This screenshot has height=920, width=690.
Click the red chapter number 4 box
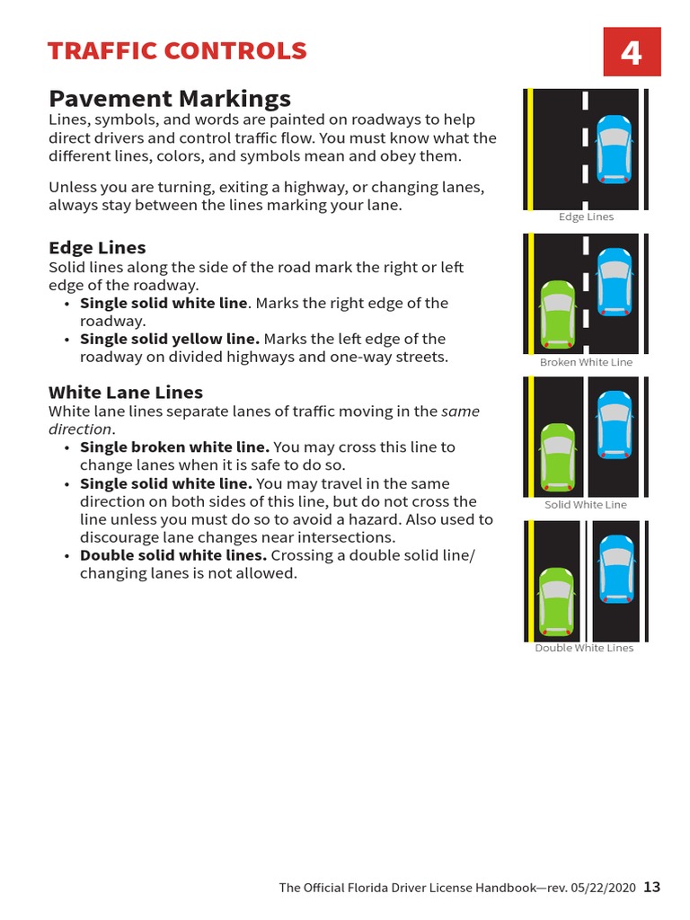pyautogui.click(x=632, y=52)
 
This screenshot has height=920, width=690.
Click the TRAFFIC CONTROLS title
pyautogui.click(x=177, y=51)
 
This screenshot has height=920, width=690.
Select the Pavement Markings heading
pyautogui.click(x=169, y=98)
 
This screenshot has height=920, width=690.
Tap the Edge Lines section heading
pyautogui.click(x=97, y=247)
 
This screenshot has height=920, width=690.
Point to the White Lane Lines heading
pyautogui.click(x=126, y=392)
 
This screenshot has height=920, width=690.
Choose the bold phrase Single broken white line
pyautogui.click(x=174, y=447)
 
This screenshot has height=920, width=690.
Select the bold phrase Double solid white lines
pyautogui.click(x=173, y=555)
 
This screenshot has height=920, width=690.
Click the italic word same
pyautogui.click(x=460, y=411)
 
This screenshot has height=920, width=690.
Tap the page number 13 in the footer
pyautogui.click(x=651, y=887)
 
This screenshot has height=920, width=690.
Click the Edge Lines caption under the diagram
pyautogui.click(x=586, y=217)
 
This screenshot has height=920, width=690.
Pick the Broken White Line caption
pyautogui.click(x=586, y=362)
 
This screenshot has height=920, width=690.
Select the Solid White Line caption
pyautogui.click(x=586, y=504)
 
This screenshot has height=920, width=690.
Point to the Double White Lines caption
pyautogui.click(x=584, y=648)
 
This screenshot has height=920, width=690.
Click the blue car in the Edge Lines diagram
pyautogui.click(x=615, y=149)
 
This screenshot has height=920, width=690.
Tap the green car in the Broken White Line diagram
pyautogui.click(x=557, y=314)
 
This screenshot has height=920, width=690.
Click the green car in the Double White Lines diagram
pyautogui.click(x=557, y=602)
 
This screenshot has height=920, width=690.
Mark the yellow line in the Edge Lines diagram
pyautogui.click(x=531, y=148)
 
